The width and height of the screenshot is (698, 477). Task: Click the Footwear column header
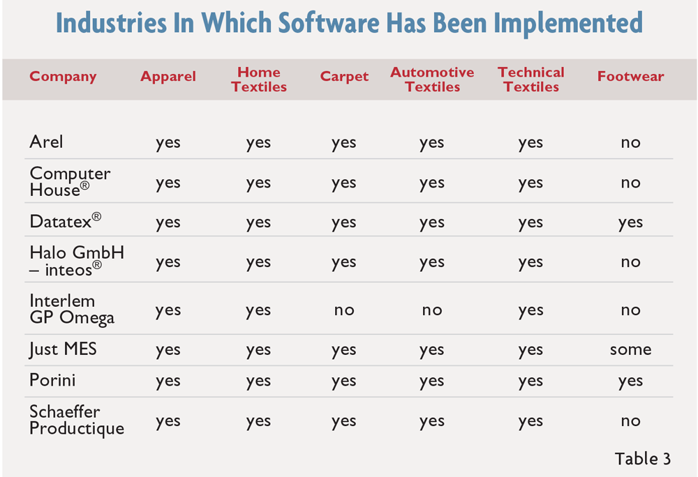[x=630, y=77]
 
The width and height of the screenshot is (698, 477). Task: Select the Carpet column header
[x=344, y=77]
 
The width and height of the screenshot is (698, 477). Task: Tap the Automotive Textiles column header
[x=432, y=79]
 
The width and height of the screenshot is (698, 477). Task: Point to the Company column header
[x=63, y=77]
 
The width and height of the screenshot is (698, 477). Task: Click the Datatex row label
[x=66, y=221]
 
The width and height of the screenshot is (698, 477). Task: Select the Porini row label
[x=52, y=380]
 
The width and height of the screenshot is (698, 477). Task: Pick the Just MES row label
[x=63, y=349]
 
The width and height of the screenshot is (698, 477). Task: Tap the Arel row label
[x=46, y=142]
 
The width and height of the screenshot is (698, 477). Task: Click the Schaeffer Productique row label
[x=77, y=420]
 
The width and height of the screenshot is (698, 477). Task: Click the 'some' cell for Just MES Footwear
[x=630, y=350]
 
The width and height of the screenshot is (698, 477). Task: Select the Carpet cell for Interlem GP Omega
[x=344, y=310]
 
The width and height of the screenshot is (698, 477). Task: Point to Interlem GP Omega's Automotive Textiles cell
[x=432, y=310]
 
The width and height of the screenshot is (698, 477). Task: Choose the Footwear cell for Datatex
[x=630, y=222]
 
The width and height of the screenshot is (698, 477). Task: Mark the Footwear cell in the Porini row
[x=630, y=381]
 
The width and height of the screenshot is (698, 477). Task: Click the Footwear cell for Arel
[x=630, y=143]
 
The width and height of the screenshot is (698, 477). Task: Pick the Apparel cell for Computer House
[x=168, y=183]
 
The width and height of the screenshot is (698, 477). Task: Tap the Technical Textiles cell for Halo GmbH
[x=530, y=262]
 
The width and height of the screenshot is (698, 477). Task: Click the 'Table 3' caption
[x=642, y=459]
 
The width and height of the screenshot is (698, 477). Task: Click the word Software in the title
[x=329, y=23]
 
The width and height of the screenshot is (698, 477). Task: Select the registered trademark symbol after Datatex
[x=96, y=216]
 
